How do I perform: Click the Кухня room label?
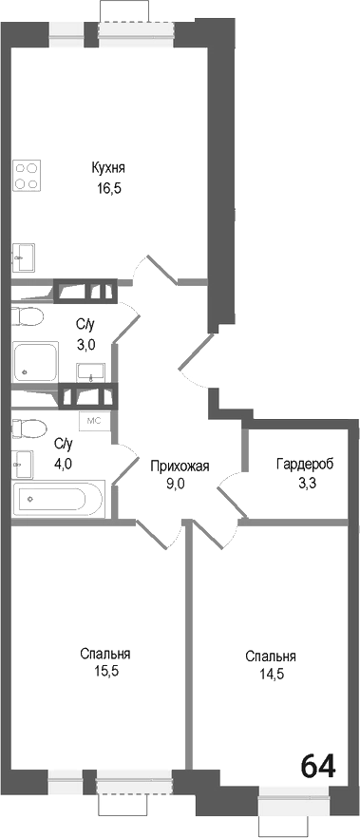pos(108,168)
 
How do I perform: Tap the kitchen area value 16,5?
pos(108,187)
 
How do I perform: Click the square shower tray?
pos(35,362)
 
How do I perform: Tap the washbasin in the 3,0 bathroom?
pos(91,370)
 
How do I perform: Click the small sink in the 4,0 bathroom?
pos(21,464)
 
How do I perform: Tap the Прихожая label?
pos(180,465)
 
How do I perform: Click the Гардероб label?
pos(304,465)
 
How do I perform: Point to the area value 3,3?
pos(304,483)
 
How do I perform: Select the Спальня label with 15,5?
pos(104,654)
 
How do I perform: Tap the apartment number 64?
pos(319,766)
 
